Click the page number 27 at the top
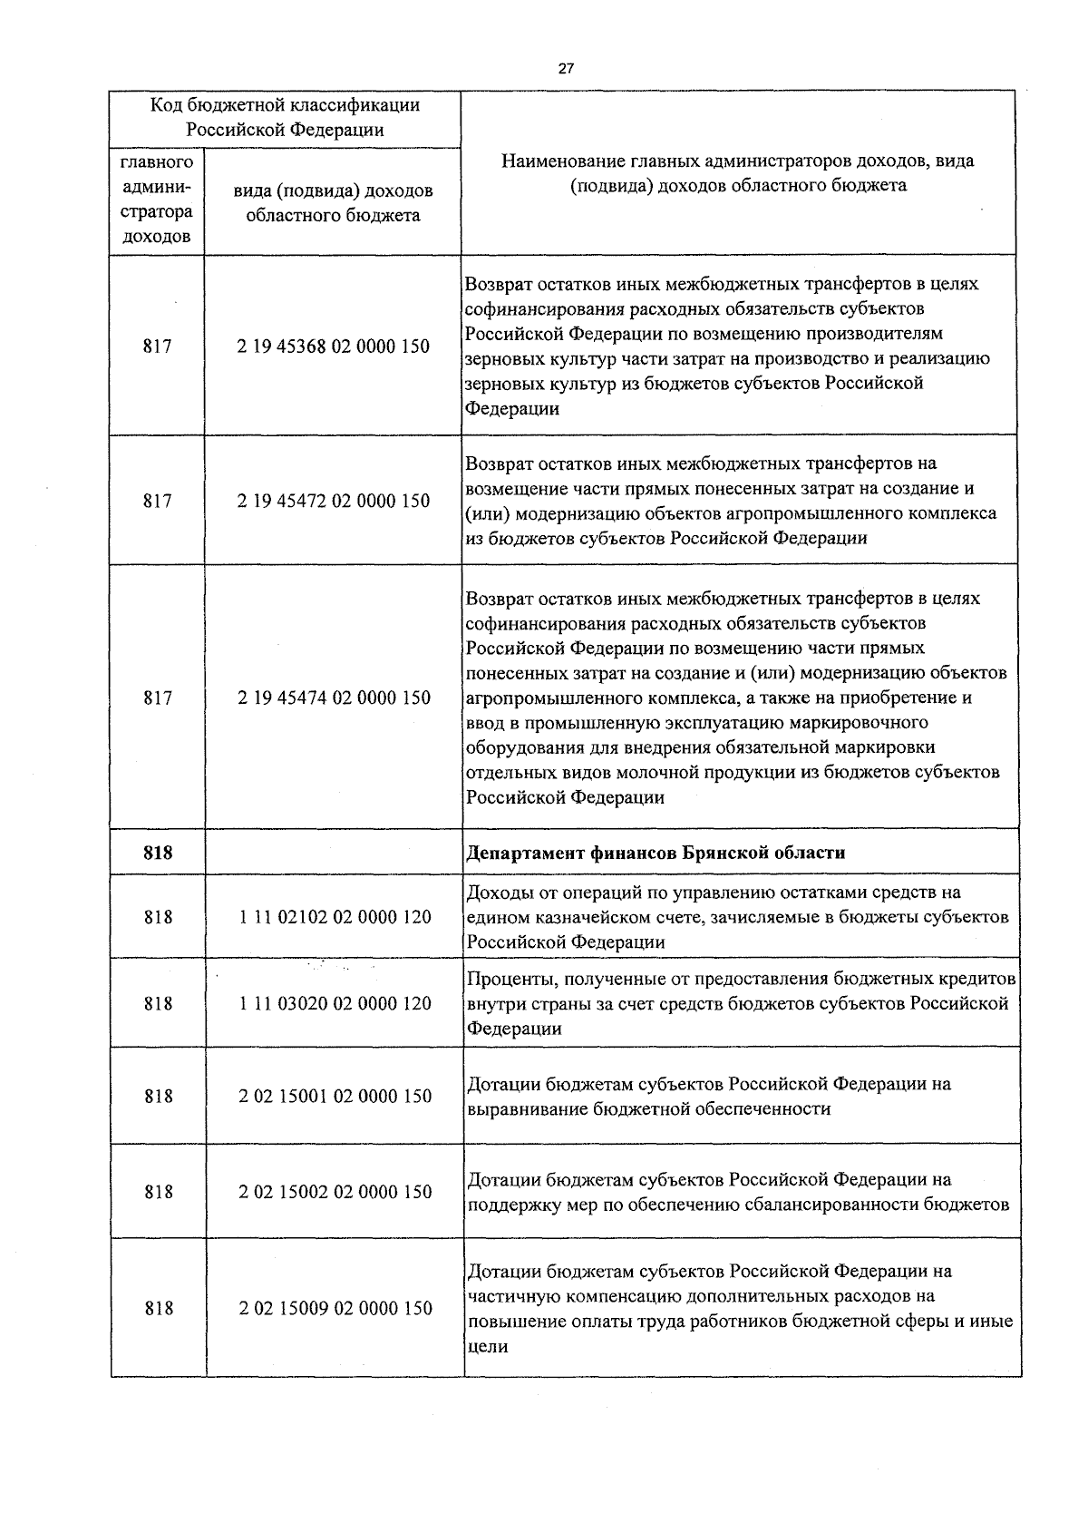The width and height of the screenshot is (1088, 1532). pos(566,68)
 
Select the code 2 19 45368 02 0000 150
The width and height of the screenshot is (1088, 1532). pos(334,346)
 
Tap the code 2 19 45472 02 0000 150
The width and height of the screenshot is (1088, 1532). pos(334,501)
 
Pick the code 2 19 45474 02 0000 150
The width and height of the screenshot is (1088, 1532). pos(334,698)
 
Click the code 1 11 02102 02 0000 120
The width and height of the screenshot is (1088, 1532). pos(335,917)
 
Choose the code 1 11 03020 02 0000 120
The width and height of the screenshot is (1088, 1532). pos(335,1003)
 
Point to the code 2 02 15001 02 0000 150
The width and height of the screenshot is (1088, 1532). pos(335,1096)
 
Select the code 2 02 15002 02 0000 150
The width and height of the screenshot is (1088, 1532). pos(335,1192)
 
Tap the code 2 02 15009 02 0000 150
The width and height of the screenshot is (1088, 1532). pos(335,1308)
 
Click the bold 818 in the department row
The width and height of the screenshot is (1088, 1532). pos(158,853)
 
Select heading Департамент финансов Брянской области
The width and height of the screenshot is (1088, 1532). pos(656,853)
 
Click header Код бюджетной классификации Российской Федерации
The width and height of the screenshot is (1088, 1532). pos(285,117)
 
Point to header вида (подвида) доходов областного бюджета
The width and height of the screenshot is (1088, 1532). pos(333,203)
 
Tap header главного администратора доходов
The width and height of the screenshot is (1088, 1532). pos(157,200)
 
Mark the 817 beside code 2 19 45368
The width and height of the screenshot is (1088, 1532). pos(158,346)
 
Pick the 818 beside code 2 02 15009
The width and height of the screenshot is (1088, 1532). pos(158,1308)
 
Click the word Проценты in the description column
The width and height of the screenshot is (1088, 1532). pos(505,979)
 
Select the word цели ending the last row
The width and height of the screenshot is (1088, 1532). pos(486,1347)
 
